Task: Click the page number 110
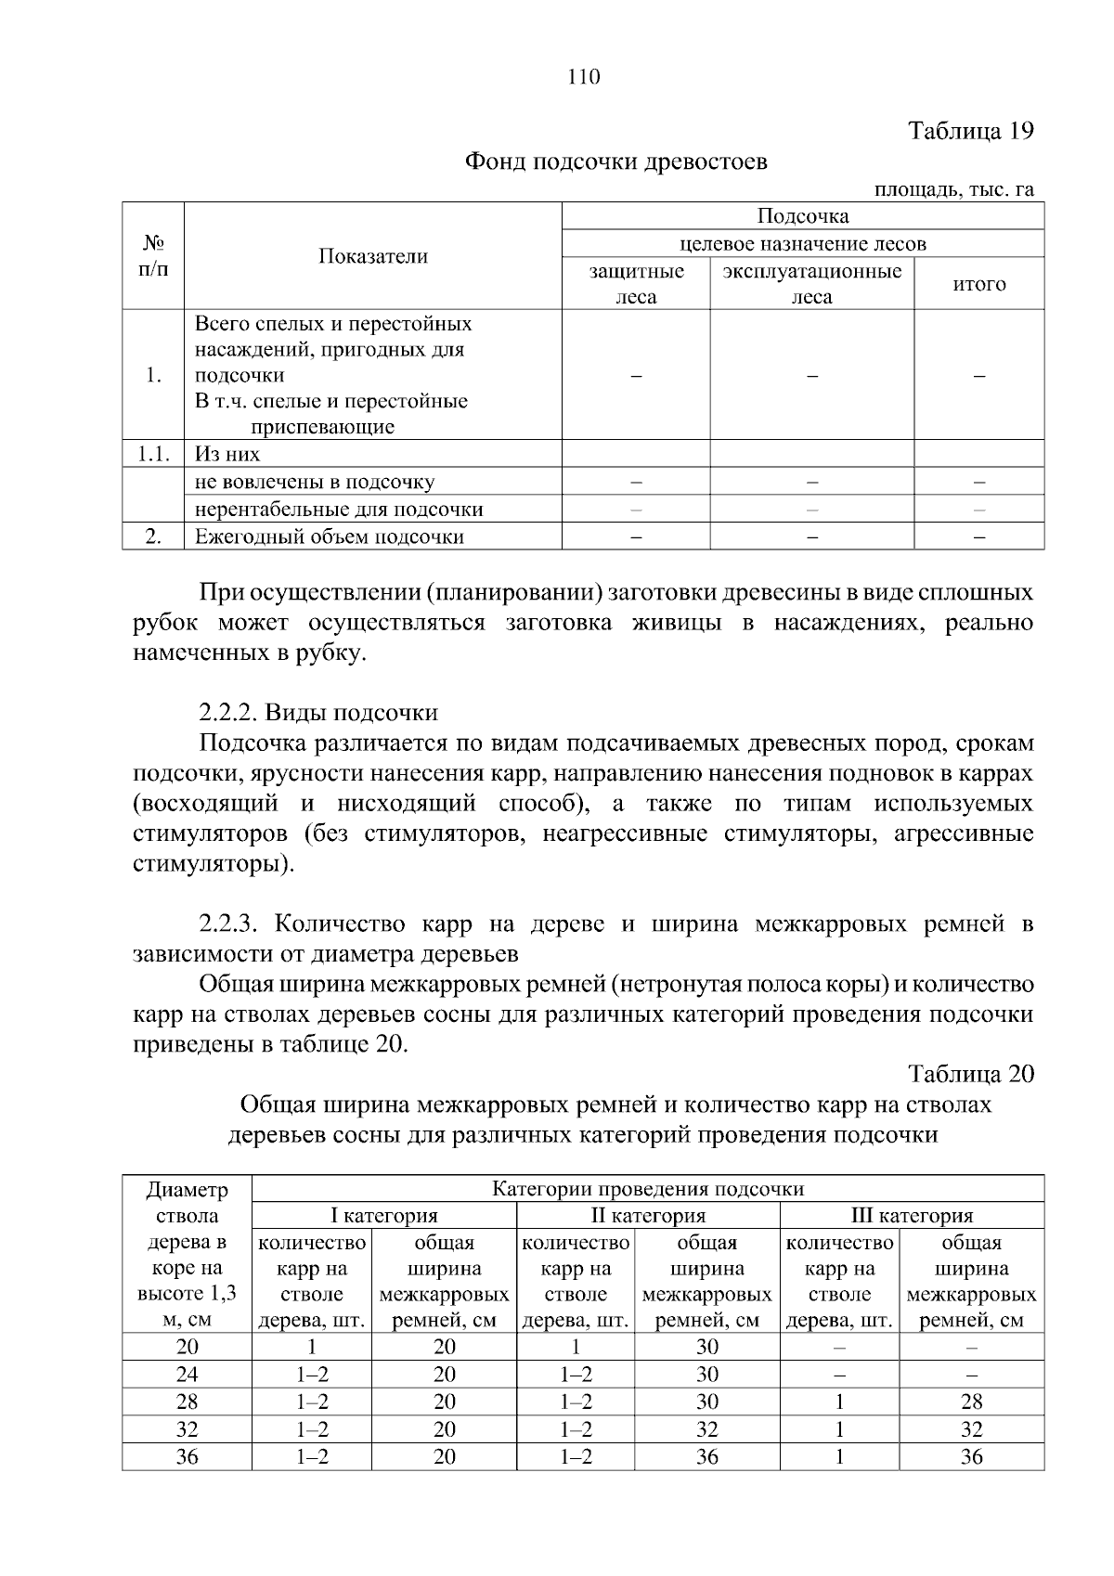[x=584, y=77]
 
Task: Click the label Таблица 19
[x=970, y=130]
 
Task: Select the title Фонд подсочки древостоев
[x=615, y=162]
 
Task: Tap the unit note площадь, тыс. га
[x=954, y=189]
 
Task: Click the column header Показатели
[x=373, y=256]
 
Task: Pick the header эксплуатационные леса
[x=811, y=284]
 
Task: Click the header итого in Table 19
[x=979, y=284]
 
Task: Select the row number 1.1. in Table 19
[x=153, y=454]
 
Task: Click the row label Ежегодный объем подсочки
[x=329, y=536]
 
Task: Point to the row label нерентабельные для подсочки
[x=338, y=509]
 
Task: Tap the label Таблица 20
[x=971, y=1074]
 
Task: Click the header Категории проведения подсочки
[x=647, y=1189]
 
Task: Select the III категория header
[x=912, y=1216]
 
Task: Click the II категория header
[x=648, y=1216]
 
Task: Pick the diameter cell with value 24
[x=188, y=1374]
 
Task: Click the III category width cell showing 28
[x=971, y=1402]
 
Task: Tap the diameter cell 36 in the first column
[x=188, y=1456]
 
